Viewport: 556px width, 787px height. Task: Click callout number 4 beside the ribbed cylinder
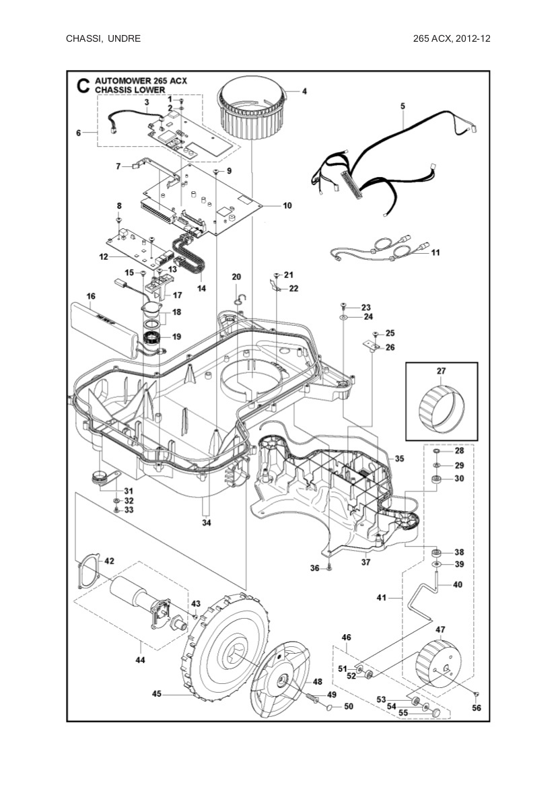click(x=304, y=91)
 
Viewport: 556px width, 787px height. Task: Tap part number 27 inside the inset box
click(x=441, y=371)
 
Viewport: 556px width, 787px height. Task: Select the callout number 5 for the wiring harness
click(x=403, y=106)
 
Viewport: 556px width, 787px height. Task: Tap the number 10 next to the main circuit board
click(x=287, y=205)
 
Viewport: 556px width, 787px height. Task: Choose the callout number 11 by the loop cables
click(x=436, y=252)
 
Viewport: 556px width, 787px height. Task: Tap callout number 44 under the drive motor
click(x=140, y=660)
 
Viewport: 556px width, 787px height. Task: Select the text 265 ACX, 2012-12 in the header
click(x=452, y=38)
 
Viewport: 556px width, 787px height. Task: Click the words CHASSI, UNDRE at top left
click(x=103, y=38)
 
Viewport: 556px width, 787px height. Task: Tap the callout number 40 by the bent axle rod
click(x=457, y=585)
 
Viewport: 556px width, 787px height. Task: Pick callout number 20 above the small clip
click(x=236, y=277)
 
